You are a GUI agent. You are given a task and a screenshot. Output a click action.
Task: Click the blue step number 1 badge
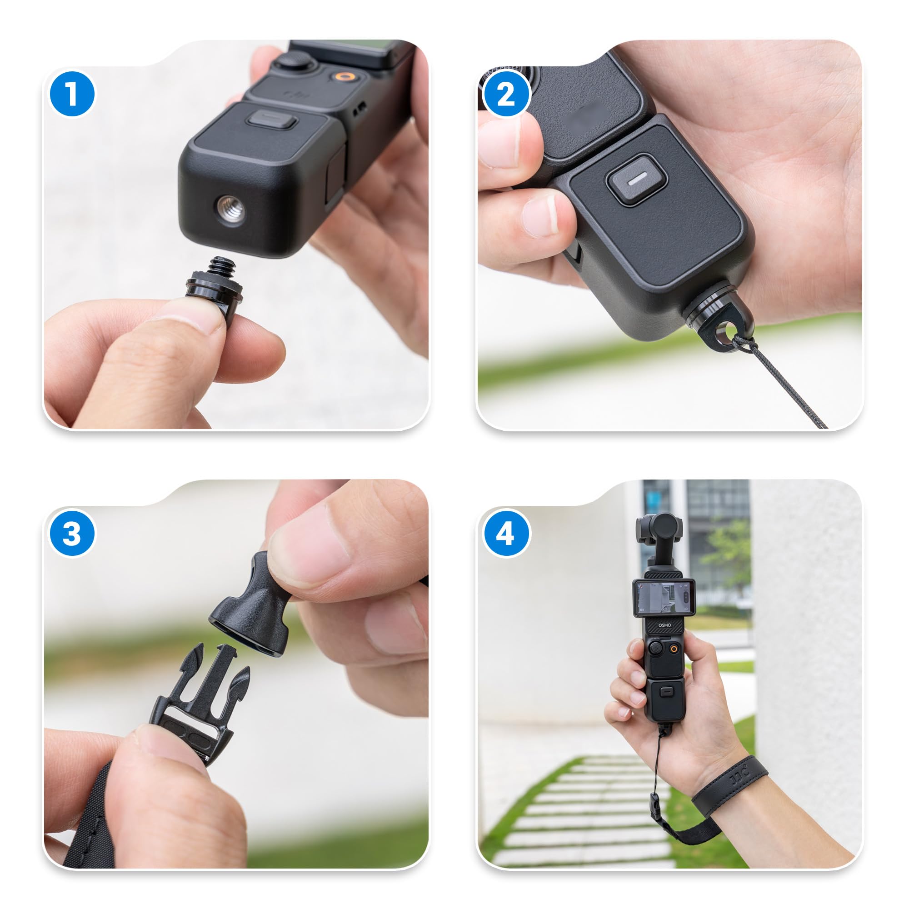click(72, 94)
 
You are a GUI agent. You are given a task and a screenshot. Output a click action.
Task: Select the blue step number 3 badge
click(72, 534)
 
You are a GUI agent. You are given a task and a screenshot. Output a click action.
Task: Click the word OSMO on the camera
click(665, 625)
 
